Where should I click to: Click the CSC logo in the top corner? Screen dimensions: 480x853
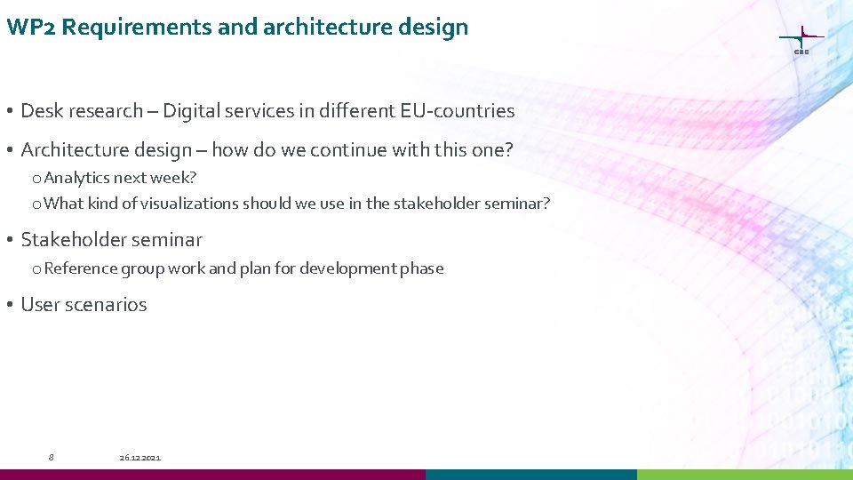(x=801, y=40)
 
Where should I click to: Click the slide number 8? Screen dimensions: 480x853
(x=51, y=457)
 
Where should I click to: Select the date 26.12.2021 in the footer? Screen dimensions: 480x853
(x=140, y=457)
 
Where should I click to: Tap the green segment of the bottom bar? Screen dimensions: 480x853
(x=745, y=475)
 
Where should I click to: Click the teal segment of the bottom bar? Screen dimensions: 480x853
(x=530, y=475)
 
